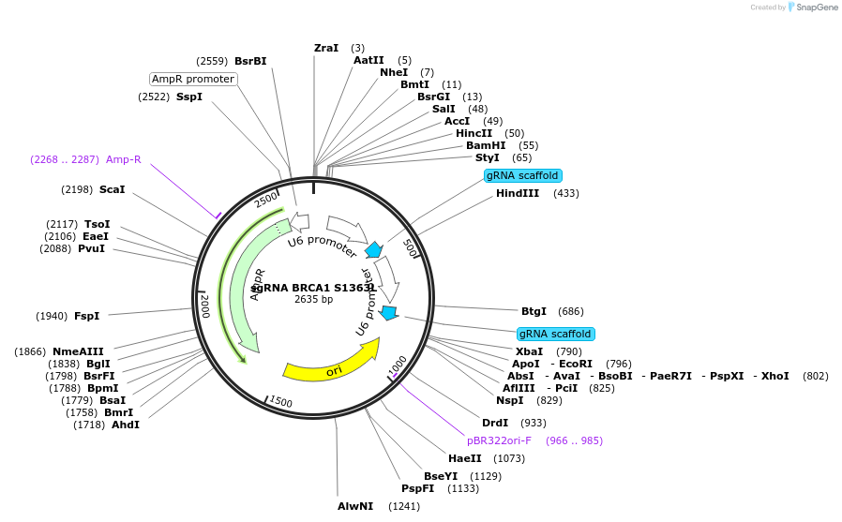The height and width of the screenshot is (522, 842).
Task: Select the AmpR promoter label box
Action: click(193, 79)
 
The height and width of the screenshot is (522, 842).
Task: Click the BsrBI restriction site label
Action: click(250, 61)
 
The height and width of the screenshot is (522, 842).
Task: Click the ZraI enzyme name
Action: click(326, 48)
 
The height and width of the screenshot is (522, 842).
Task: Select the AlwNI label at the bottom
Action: click(355, 506)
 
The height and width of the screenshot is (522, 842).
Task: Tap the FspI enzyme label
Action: click(86, 316)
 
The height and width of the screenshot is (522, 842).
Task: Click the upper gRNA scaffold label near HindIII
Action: click(522, 175)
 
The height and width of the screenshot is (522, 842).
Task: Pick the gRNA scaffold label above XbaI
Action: click(555, 334)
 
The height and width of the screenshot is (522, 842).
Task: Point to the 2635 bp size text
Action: click(313, 300)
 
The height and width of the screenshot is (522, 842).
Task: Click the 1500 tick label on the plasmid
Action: click(280, 402)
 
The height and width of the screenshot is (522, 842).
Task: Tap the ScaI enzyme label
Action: click(112, 189)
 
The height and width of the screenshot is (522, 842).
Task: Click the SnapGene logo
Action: click(813, 7)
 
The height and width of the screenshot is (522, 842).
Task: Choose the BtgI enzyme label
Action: click(534, 311)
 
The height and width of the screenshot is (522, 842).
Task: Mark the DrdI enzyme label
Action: click(494, 423)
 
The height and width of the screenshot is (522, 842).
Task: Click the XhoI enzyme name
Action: click(775, 376)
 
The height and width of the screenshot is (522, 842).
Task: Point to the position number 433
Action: click(566, 194)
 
